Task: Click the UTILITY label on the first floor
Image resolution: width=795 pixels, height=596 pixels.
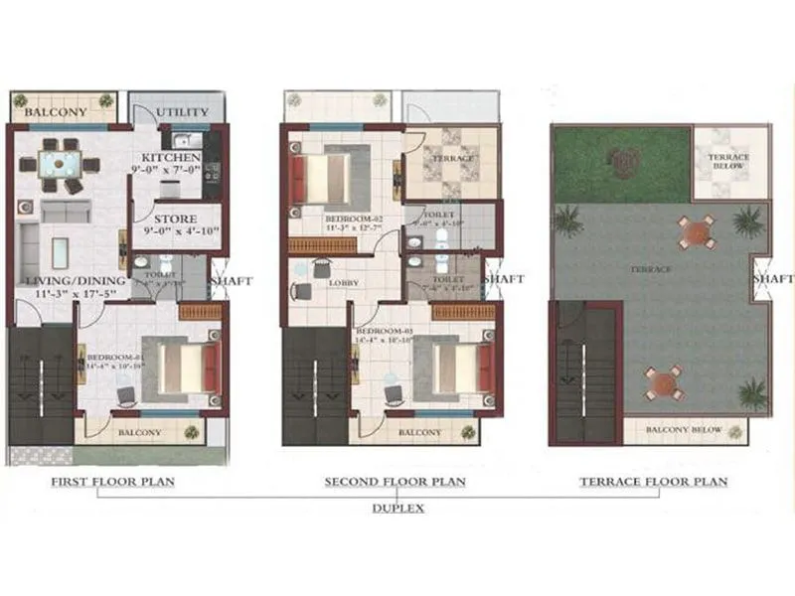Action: point(181,113)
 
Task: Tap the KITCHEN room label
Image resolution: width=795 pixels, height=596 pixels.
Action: point(171,158)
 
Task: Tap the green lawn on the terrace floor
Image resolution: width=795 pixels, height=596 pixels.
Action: point(621,164)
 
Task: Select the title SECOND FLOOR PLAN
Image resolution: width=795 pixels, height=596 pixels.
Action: point(396,483)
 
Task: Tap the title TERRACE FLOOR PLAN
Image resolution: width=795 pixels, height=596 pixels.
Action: point(653,483)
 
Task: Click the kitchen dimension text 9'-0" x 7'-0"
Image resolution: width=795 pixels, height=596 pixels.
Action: point(171,172)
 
